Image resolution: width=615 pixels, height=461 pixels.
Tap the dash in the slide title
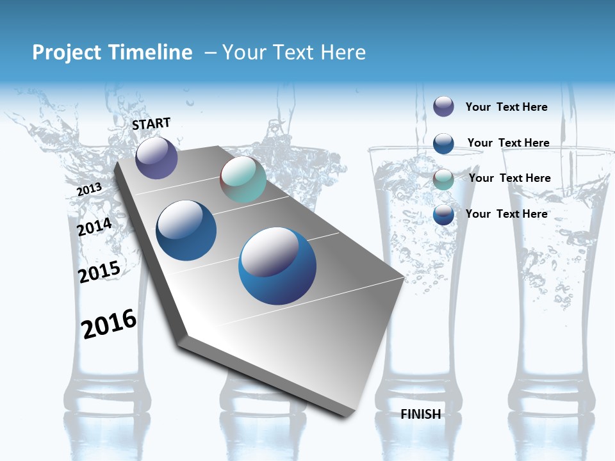point(210,53)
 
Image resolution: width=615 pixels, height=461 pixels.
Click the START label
point(151,124)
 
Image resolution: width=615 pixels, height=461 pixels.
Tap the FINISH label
point(421,414)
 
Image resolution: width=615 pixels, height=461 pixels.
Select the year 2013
point(89,189)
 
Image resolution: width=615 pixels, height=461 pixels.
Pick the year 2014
point(94,227)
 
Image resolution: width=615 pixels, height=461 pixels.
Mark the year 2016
point(109,323)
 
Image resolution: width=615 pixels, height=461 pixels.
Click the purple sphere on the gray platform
point(156,158)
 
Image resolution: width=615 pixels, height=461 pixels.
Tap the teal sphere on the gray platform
point(243,179)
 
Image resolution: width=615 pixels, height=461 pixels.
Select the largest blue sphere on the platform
point(277,266)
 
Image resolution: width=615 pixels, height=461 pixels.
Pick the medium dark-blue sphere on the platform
point(186,230)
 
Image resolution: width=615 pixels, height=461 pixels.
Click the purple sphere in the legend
point(443,106)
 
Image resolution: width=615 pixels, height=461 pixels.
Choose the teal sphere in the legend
point(443,179)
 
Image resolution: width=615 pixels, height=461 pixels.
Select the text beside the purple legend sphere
point(506,107)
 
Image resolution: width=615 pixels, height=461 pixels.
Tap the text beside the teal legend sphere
point(509,178)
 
